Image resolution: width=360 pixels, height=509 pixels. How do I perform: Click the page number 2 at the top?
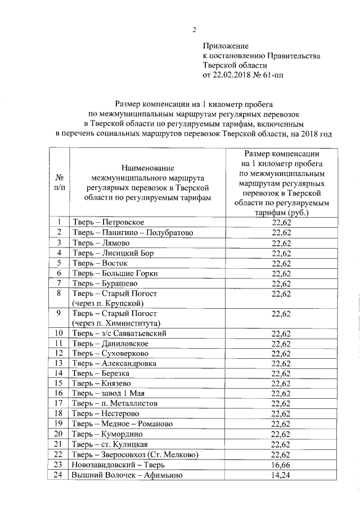[x=195, y=30]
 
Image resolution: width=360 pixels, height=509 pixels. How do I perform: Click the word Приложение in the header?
[x=226, y=46]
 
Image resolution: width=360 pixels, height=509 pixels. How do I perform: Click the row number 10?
[x=58, y=333]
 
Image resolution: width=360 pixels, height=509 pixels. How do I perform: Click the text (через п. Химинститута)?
[x=116, y=323]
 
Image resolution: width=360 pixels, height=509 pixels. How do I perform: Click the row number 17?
[x=58, y=403]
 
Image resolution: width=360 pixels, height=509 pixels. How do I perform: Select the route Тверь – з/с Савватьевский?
[x=119, y=333]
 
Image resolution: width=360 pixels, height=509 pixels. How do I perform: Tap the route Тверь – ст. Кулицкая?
[x=109, y=444]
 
